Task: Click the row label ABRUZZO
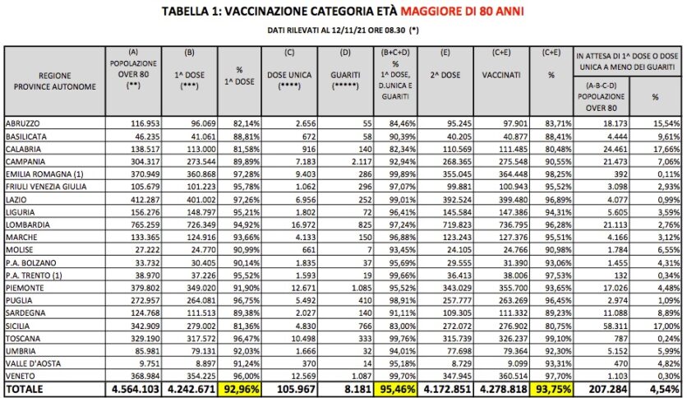[x=23, y=123]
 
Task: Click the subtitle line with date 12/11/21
[x=343, y=30]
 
